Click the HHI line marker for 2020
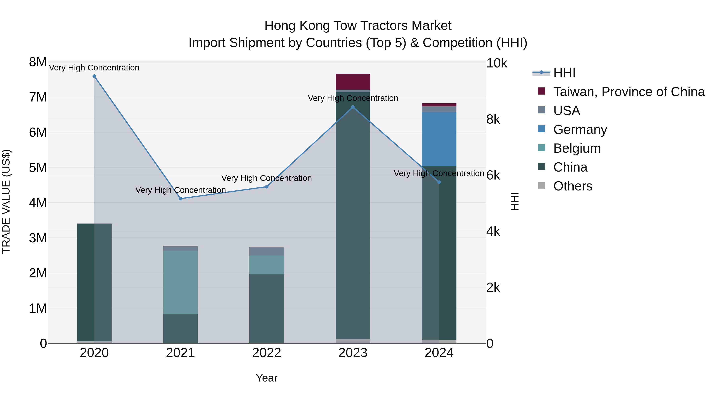(94, 76)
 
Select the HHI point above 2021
(180, 199)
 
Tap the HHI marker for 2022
(267, 187)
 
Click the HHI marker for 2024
(439, 182)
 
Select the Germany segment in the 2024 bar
(439, 139)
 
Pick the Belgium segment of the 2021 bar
(180, 282)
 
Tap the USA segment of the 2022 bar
(267, 251)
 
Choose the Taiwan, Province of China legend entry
(629, 92)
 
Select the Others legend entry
(573, 186)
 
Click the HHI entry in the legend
(564, 73)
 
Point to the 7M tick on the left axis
(38, 97)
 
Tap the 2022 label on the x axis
(267, 353)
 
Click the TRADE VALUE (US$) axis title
(6, 201)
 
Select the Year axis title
(267, 378)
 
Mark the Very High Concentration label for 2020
(94, 68)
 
